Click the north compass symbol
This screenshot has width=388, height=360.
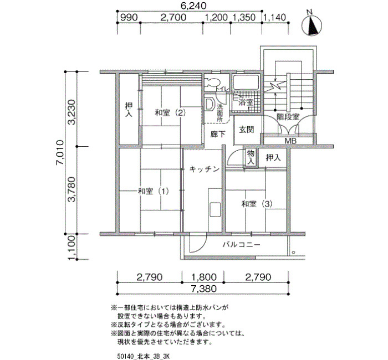312,24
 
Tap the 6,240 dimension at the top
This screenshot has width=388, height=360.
193,6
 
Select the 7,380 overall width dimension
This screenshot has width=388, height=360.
203,289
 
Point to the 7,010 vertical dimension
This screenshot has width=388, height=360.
60,152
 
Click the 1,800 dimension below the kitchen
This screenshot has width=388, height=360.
203,277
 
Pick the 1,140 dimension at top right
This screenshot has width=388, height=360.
274,18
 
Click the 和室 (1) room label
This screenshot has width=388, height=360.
154,191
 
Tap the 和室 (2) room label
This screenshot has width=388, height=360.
170,113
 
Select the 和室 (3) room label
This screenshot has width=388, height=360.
257,204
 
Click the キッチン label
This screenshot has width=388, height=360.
205,169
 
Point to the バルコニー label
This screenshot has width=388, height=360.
242,245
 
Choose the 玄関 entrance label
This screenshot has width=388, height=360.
247,129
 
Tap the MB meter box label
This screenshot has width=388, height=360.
290,141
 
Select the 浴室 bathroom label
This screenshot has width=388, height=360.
246,102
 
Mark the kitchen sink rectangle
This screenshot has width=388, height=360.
215,210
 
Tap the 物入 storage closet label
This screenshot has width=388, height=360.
251,157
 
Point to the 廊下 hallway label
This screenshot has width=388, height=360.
218,134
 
